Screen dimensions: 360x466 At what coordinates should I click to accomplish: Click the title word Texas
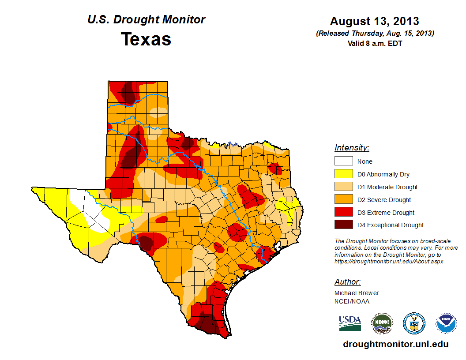(x=146, y=39)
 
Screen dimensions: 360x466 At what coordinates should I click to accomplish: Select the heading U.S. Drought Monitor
(x=146, y=20)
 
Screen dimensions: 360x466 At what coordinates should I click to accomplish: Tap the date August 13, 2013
(x=375, y=21)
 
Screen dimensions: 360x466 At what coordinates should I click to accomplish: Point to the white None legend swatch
(x=343, y=161)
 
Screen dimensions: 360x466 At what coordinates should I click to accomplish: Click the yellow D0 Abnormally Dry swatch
(x=343, y=174)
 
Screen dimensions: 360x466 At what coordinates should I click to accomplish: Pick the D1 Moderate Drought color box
(x=343, y=187)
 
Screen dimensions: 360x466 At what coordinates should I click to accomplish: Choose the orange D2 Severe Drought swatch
(x=343, y=200)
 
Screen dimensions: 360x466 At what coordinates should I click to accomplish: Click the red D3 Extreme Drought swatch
(x=343, y=213)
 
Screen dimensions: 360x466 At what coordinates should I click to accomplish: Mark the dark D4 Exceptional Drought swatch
(x=343, y=225)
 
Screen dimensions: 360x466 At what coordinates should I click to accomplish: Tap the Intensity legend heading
(x=352, y=148)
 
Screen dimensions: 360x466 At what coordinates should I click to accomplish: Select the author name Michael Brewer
(x=357, y=293)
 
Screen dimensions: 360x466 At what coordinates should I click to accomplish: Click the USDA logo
(x=350, y=323)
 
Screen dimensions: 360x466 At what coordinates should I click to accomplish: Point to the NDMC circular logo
(x=382, y=323)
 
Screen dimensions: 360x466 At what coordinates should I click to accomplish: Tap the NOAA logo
(x=446, y=323)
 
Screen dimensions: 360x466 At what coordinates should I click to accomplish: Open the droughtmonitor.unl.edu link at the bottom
(x=395, y=344)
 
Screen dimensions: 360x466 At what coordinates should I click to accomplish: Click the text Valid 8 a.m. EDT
(x=375, y=43)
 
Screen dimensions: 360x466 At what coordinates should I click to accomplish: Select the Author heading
(x=347, y=282)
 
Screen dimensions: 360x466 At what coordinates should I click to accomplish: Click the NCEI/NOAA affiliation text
(x=352, y=301)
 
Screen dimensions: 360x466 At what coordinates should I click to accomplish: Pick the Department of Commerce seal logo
(x=414, y=323)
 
